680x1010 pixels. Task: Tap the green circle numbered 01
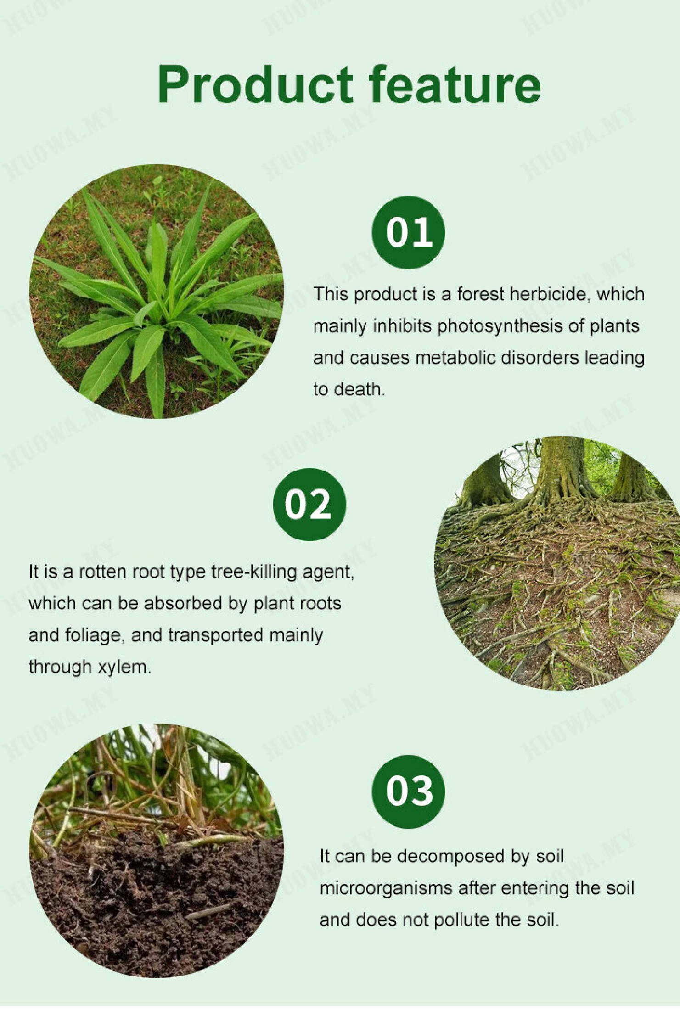(x=408, y=232)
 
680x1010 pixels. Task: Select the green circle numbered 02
(x=309, y=504)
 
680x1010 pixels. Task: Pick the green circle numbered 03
(x=408, y=791)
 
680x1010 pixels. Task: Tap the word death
(x=359, y=389)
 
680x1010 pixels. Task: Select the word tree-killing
(x=253, y=572)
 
